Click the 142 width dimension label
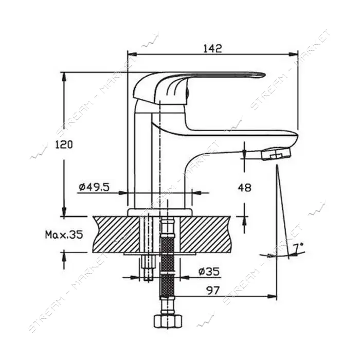pyautogui.click(x=212, y=48)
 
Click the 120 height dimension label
pyautogui.click(x=64, y=145)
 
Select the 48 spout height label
pyautogui.click(x=245, y=188)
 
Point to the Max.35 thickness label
pyautogui.click(x=64, y=235)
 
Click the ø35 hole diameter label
pyautogui.click(x=209, y=272)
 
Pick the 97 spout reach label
pyautogui.click(x=213, y=291)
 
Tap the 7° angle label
pyautogui.click(x=298, y=248)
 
